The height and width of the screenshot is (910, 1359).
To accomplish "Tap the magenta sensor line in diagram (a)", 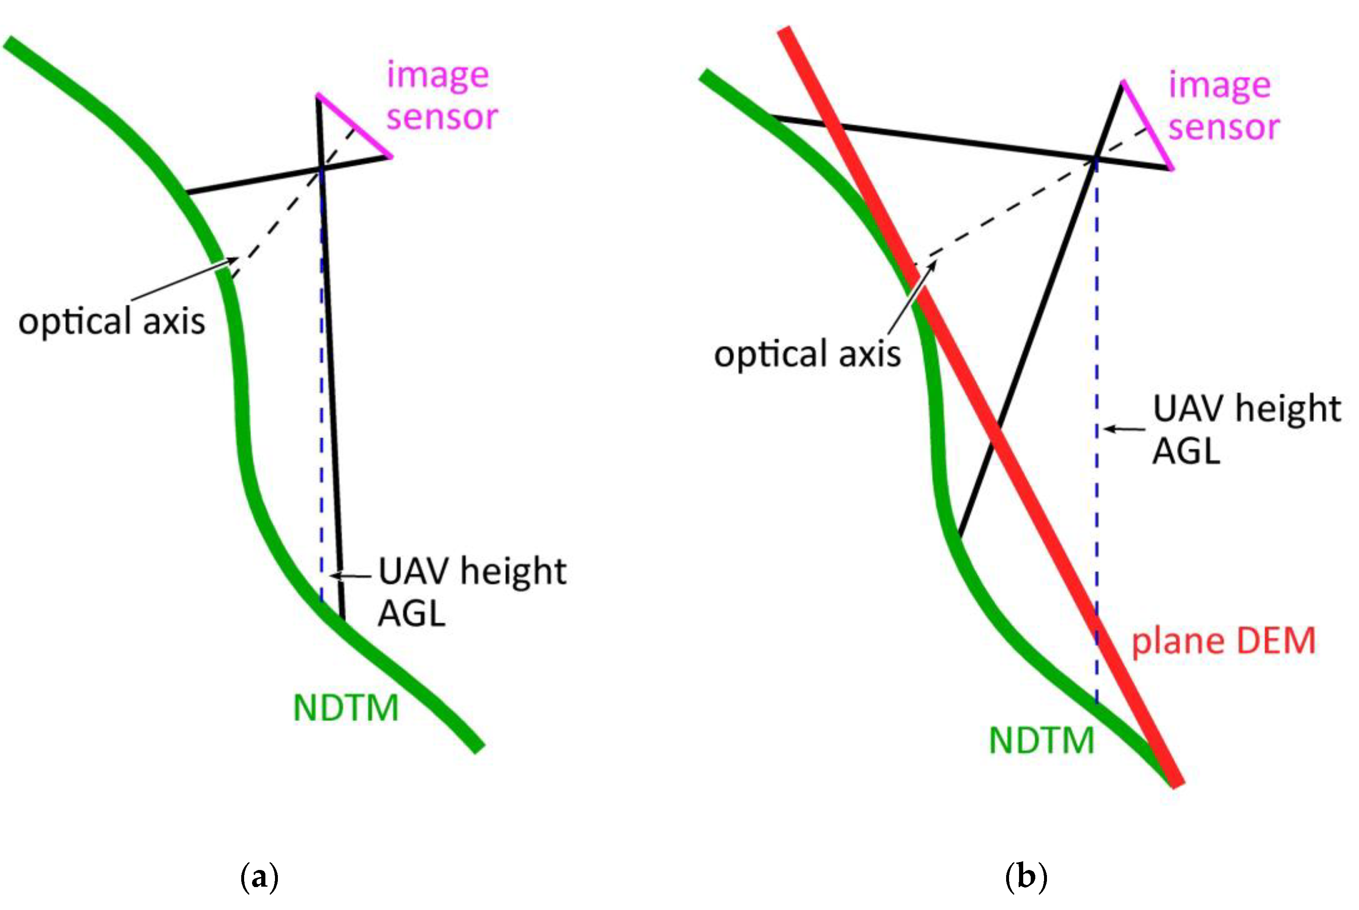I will (x=354, y=125).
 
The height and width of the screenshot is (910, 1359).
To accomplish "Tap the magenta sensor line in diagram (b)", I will (x=1147, y=125).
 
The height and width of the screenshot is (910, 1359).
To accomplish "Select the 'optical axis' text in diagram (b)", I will (x=807, y=353).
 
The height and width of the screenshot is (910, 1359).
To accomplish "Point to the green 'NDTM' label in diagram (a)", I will (x=346, y=708).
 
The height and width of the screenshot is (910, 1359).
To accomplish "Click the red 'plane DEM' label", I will (x=1223, y=641).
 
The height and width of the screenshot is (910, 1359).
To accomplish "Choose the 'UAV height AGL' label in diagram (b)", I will (x=1246, y=429).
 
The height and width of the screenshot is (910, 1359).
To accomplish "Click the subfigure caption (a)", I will (x=259, y=877).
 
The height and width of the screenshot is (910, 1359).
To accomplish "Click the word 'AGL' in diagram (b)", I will (x=1186, y=451).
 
